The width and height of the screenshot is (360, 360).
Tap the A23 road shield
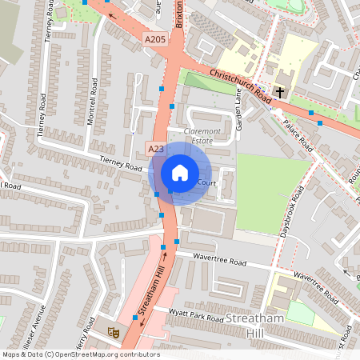click(x=156, y=149)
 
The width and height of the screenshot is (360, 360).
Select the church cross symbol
click(x=280, y=92)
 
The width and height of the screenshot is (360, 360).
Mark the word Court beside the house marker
click(x=207, y=183)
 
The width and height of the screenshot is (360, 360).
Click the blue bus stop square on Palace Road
click(x=320, y=123)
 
